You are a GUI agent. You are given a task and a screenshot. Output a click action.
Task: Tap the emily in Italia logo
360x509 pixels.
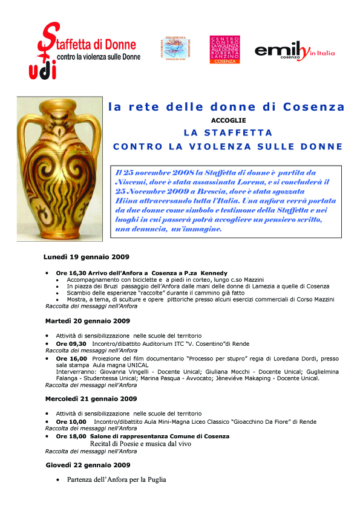click(294, 52)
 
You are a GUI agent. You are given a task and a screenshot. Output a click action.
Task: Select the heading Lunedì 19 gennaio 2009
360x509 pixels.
click(86, 257)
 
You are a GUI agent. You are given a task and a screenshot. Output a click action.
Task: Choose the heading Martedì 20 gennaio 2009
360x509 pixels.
click(87, 320)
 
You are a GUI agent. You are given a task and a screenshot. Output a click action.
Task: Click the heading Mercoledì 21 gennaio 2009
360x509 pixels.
click(91, 399)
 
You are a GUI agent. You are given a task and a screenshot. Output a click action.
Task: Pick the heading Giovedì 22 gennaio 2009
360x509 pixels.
click(88, 465)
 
